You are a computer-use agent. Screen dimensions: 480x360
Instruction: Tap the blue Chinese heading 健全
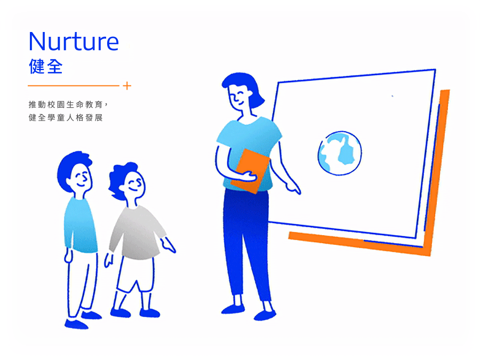click(x=46, y=67)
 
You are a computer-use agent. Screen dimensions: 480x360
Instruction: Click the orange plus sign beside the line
click(x=127, y=86)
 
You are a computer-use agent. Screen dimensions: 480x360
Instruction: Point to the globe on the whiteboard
click(x=340, y=153)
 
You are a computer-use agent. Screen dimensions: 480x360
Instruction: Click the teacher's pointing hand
click(x=293, y=187)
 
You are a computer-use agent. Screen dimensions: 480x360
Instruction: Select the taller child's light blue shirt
click(x=80, y=225)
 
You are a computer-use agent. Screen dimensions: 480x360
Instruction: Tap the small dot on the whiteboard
click(x=393, y=96)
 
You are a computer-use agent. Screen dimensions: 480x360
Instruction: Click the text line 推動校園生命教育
click(x=66, y=105)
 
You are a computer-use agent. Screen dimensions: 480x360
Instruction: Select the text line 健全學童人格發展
click(x=66, y=117)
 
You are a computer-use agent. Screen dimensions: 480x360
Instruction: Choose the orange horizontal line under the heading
click(x=74, y=86)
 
